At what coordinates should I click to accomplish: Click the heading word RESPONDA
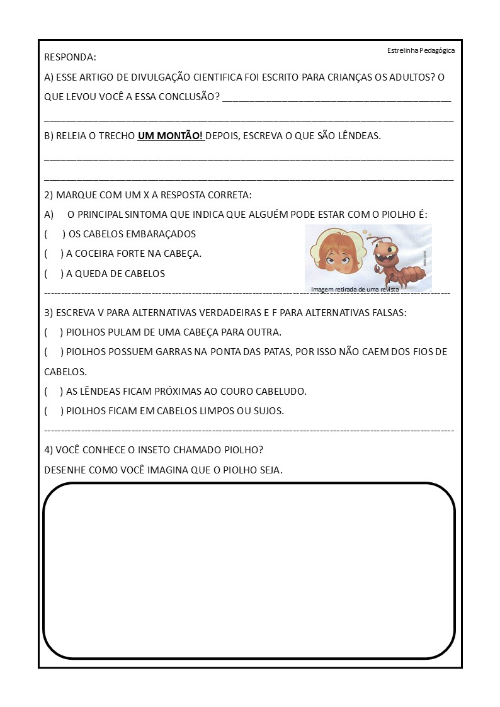[70, 57]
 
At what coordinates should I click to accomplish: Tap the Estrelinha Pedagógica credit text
[421, 50]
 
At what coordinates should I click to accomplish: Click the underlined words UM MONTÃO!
[170, 136]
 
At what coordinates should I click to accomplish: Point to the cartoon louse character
[397, 258]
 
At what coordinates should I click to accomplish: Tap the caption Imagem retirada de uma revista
[355, 290]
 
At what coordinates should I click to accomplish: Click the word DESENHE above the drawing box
[64, 470]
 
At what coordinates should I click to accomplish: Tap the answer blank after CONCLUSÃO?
[337, 98]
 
